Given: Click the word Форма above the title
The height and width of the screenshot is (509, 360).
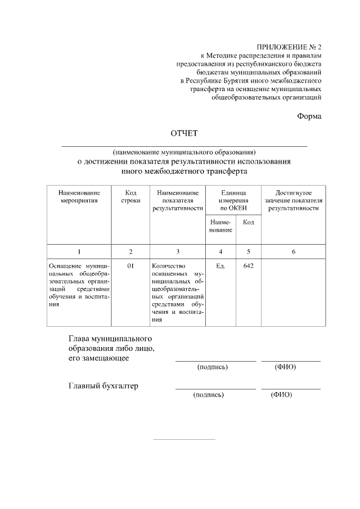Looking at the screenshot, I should [x=309, y=116].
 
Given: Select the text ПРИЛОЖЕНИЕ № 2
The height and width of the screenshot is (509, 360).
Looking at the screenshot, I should [x=289, y=48].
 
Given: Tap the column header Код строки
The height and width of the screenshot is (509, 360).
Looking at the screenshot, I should [x=130, y=196].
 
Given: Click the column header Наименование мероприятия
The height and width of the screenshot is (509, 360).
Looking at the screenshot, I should [x=79, y=196].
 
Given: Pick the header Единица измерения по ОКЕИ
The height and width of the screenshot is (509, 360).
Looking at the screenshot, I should [x=233, y=200].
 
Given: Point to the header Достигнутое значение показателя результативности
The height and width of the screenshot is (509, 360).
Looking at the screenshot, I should [x=293, y=200].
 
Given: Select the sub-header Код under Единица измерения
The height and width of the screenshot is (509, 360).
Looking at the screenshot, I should [x=248, y=222].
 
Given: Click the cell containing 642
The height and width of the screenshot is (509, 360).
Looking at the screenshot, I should [x=248, y=265].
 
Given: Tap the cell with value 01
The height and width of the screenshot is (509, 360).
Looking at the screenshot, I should [x=130, y=265].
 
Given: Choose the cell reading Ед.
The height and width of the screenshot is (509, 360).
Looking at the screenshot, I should [x=220, y=265].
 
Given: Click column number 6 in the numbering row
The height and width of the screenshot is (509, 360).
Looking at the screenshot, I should [x=293, y=251].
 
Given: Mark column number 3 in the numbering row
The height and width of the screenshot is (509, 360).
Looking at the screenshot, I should [x=178, y=251].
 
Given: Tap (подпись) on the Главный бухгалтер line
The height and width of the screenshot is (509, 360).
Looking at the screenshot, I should [x=208, y=395].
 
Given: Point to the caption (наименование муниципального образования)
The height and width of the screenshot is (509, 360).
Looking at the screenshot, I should [x=184, y=152].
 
